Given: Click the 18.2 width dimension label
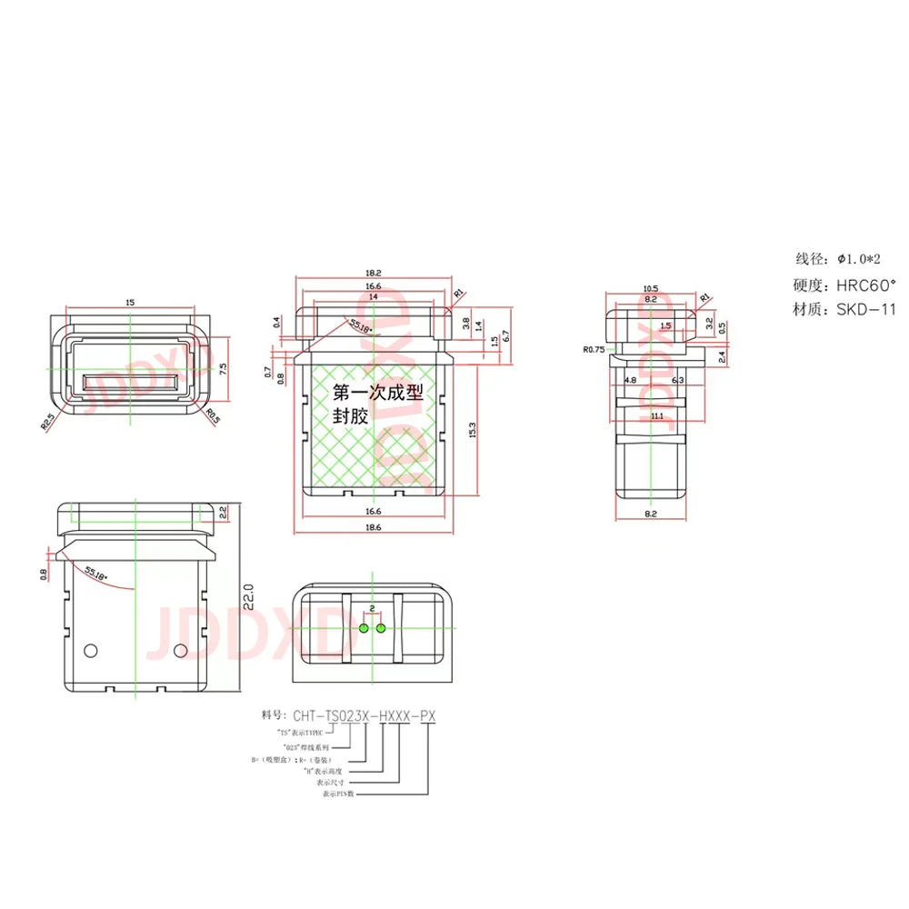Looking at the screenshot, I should pos(373,272).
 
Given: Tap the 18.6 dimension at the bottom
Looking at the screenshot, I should pos(373,526).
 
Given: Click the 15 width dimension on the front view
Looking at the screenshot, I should pos(131,302).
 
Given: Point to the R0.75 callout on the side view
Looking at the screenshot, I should pos(594,348).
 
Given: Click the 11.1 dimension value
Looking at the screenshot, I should pos(656,415).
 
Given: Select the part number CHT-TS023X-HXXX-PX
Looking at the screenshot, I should pos(362,716).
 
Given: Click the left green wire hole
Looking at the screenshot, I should pos(364,627).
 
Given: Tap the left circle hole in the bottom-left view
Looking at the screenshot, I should pos(90,650).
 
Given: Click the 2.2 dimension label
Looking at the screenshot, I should pos(224,514).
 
